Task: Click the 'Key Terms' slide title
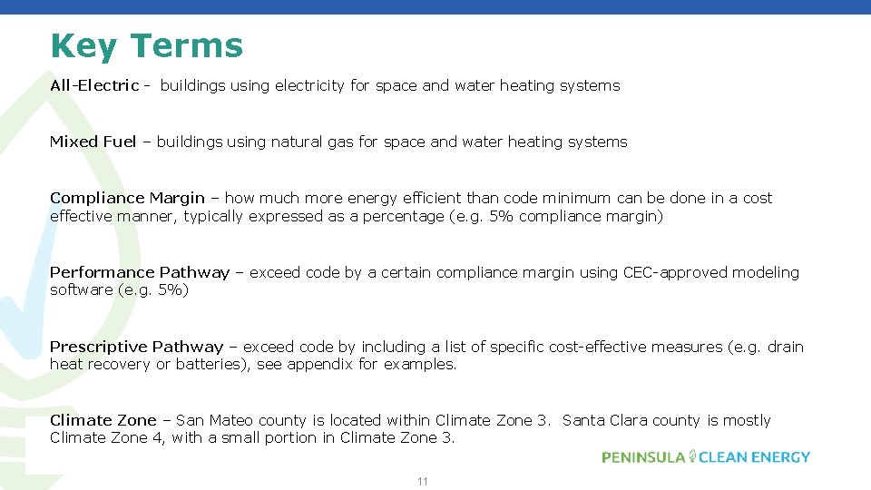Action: click(147, 45)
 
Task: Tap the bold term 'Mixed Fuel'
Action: click(93, 142)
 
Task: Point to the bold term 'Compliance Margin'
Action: click(127, 198)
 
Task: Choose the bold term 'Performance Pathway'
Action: click(140, 272)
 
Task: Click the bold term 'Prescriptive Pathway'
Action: click(136, 347)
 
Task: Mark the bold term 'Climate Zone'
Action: click(103, 420)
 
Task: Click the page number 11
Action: click(422, 481)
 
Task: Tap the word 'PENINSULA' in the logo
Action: click(643, 457)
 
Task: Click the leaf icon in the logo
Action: click(692, 456)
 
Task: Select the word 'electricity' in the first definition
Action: click(309, 85)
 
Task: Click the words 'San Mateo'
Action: click(215, 420)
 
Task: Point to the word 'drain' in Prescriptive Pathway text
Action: click(785, 347)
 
